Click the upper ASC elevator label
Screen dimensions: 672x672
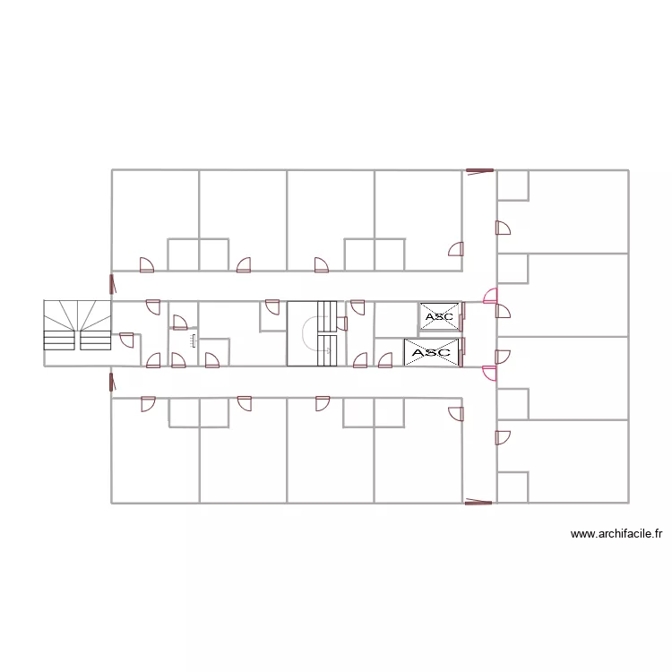[x=439, y=316]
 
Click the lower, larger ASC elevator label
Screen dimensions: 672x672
[x=430, y=352]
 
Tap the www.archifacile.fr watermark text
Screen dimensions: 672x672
[x=616, y=534]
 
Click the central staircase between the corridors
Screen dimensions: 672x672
[x=310, y=333]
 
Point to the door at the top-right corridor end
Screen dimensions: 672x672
[x=479, y=169]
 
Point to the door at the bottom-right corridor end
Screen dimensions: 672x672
[x=478, y=503]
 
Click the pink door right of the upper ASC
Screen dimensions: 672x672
[x=489, y=296]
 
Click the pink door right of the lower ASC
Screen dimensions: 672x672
[x=489, y=373]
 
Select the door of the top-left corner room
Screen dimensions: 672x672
[x=148, y=264]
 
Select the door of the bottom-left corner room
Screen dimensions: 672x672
[x=148, y=404]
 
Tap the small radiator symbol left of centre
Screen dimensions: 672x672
[x=192, y=339]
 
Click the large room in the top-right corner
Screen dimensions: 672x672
[x=578, y=211]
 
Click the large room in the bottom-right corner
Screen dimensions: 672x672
[x=578, y=461]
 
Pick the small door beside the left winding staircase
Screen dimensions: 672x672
[x=126, y=340]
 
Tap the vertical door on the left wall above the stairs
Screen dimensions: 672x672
[x=112, y=285]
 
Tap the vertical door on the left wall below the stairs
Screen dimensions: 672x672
[x=112, y=383]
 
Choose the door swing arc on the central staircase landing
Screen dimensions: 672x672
[x=310, y=336]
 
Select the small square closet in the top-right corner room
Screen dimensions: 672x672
[x=513, y=185]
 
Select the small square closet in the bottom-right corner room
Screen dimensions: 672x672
[x=513, y=487]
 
